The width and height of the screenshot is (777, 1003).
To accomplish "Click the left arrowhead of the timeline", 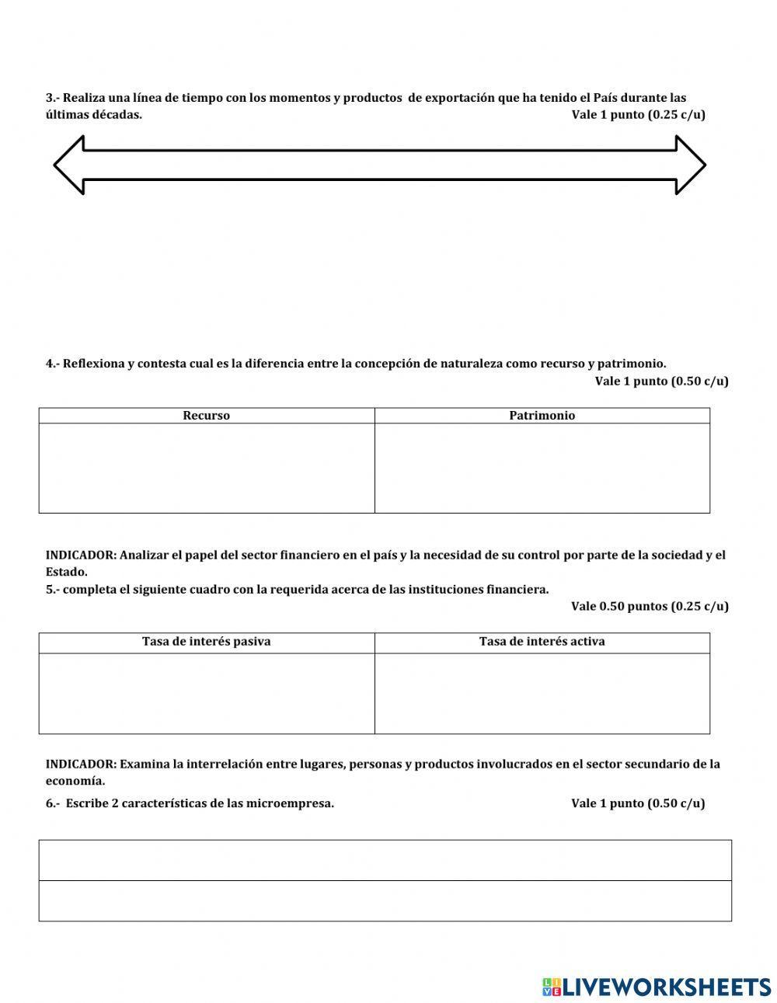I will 68,165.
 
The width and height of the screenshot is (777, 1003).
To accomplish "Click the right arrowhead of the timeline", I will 690,165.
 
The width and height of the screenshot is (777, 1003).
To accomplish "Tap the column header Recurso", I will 206,416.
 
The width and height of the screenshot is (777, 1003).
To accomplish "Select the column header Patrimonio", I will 542,416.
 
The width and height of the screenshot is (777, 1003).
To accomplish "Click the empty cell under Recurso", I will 207,468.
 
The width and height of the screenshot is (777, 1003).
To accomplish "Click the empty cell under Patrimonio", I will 542,468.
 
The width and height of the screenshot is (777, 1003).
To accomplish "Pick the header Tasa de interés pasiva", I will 206,642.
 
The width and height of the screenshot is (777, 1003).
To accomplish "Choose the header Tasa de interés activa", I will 542,642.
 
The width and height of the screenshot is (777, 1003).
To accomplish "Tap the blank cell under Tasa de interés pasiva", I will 207,693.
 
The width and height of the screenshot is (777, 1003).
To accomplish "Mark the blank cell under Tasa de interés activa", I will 542,693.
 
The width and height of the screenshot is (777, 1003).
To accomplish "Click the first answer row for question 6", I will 385,860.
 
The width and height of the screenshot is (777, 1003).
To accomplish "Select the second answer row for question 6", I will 385,900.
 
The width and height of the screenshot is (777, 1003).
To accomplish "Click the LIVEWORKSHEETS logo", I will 657,987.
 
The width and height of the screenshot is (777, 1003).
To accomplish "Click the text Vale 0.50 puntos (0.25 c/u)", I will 650,606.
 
